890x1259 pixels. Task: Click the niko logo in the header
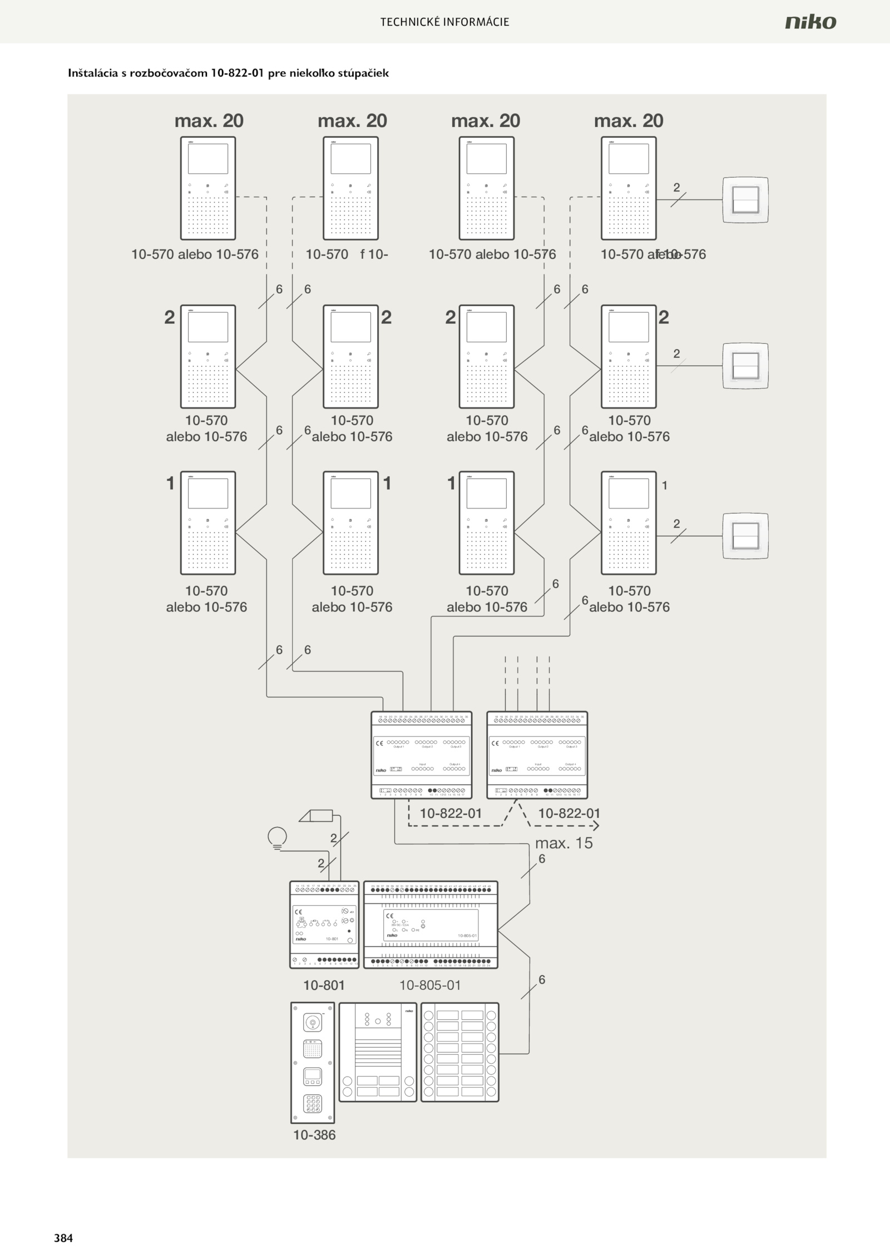tap(810, 22)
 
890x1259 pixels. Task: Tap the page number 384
tap(63, 1238)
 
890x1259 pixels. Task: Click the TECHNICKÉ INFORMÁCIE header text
tap(444, 22)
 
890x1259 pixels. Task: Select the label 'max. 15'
tap(563, 843)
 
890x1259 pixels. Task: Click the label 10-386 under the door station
tap(314, 1135)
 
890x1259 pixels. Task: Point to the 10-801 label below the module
tap(324, 985)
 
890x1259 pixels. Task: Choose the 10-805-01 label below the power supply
tap(430, 985)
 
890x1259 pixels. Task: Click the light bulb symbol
tap(277, 837)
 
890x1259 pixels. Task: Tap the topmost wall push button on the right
tap(745, 200)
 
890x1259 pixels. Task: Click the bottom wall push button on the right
tap(745, 536)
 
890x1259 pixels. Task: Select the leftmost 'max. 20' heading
tap(209, 121)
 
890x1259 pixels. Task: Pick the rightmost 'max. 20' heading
tap(629, 121)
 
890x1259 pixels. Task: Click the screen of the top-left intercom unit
tap(207, 159)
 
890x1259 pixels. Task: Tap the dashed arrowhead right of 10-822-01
tap(596, 826)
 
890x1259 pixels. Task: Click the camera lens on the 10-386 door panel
tap(313, 1022)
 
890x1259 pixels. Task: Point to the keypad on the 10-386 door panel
tap(313, 1103)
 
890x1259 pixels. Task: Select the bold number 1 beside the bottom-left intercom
tap(171, 483)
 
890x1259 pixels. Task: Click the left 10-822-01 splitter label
tap(451, 813)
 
